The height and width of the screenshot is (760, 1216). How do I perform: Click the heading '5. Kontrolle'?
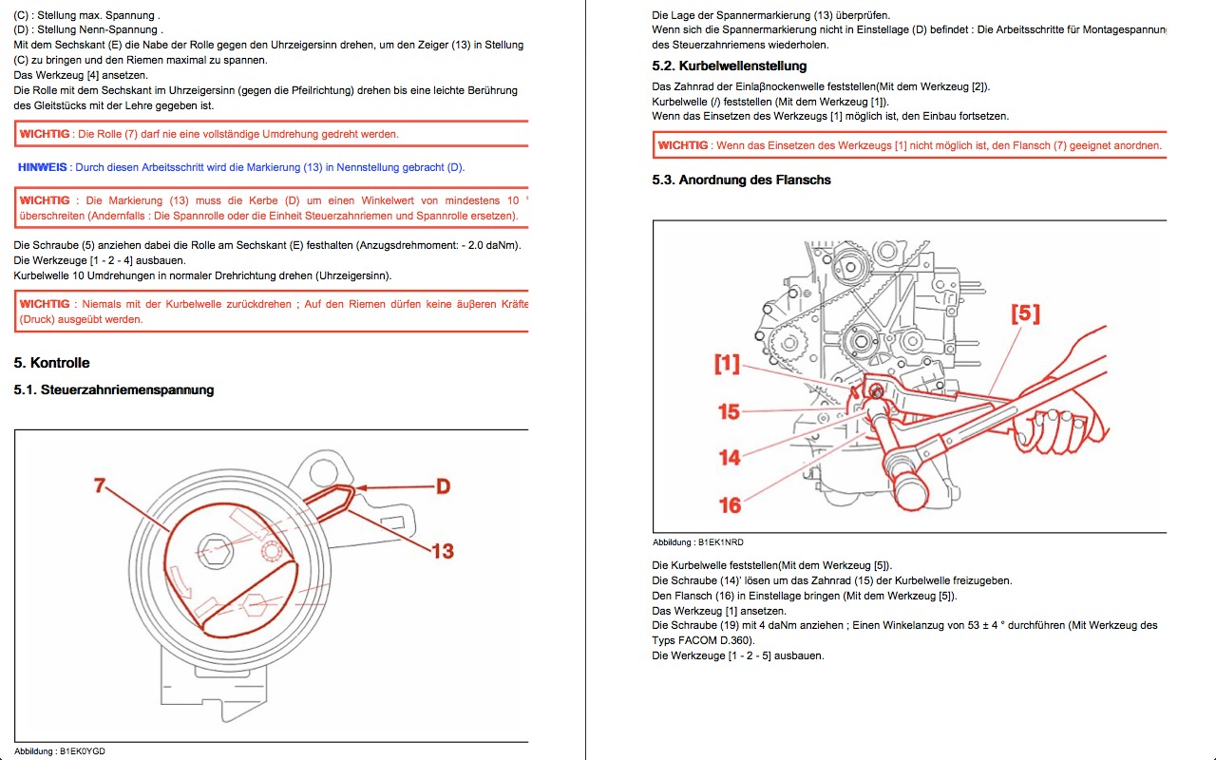coord(51,363)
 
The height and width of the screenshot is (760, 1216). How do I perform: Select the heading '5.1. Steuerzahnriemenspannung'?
coord(114,389)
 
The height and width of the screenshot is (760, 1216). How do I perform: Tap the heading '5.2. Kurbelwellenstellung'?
coord(730,66)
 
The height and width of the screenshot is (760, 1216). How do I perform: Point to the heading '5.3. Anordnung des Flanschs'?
coord(741,180)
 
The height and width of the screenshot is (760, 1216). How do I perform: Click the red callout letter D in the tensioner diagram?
coord(443,486)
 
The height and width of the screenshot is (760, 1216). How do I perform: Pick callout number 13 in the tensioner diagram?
coord(443,550)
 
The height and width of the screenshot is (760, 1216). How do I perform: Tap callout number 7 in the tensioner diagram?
coord(99,485)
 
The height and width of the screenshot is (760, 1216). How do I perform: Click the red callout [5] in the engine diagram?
coord(1025,313)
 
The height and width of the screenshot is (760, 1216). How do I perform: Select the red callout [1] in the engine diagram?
coord(727,363)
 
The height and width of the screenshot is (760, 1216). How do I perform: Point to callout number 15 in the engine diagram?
coord(729,411)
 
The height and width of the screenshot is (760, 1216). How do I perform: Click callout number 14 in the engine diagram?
coord(729,457)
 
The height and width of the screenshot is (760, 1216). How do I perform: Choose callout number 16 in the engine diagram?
coord(729,504)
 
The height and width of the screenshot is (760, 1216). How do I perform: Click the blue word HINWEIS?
coord(43,167)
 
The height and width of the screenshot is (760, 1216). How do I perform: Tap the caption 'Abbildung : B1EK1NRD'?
coord(697,542)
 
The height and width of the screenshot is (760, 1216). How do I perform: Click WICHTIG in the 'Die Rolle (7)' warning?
coord(45,134)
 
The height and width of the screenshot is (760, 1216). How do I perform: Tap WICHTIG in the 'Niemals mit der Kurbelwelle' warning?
coord(45,304)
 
